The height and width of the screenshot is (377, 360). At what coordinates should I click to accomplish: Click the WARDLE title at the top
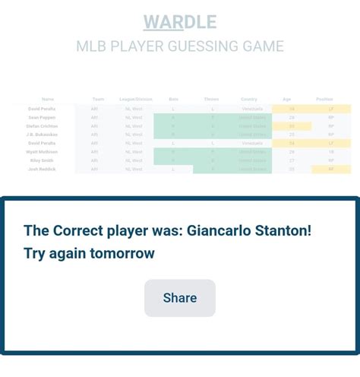click(x=180, y=21)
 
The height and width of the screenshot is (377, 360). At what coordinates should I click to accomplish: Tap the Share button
click(x=180, y=298)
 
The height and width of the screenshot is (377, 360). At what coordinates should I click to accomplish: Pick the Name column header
click(x=48, y=100)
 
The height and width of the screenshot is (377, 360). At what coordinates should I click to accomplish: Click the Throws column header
click(x=212, y=100)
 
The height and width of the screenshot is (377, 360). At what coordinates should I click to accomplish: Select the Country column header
click(x=249, y=100)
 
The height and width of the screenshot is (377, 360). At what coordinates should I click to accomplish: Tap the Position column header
click(x=324, y=100)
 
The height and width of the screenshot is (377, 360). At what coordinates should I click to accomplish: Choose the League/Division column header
click(x=136, y=100)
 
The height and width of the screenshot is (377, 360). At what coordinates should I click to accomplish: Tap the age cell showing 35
click(x=292, y=169)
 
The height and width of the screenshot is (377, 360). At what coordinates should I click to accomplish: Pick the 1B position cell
click(x=331, y=152)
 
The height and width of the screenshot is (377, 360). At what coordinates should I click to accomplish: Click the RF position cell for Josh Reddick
click(x=331, y=169)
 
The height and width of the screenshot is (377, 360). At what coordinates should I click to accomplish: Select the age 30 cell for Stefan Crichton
click(x=292, y=126)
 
